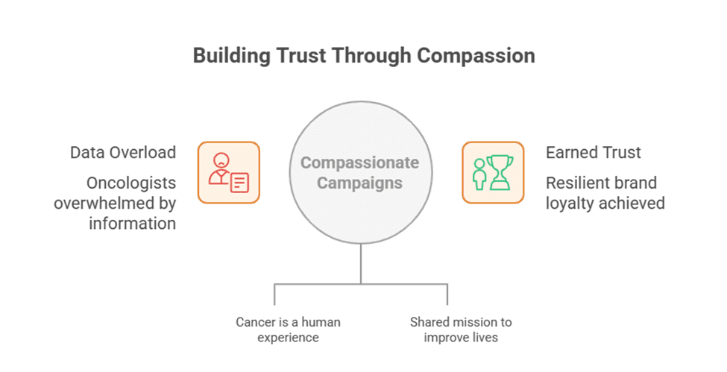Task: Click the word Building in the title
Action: click(x=232, y=56)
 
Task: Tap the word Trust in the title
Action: click(x=301, y=56)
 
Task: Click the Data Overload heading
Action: click(x=123, y=153)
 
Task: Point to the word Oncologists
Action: click(x=131, y=183)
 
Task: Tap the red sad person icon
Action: click(x=220, y=168)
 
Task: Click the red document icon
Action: click(x=239, y=183)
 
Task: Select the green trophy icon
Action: click(x=500, y=172)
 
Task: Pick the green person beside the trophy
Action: click(x=479, y=174)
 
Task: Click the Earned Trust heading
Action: click(x=594, y=153)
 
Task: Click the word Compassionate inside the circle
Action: click(x=360, y=163)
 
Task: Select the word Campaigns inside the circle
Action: click(x=360, y=183)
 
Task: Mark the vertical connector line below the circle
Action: click(x=361, y=263)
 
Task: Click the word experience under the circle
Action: click(x=288, y=338)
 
